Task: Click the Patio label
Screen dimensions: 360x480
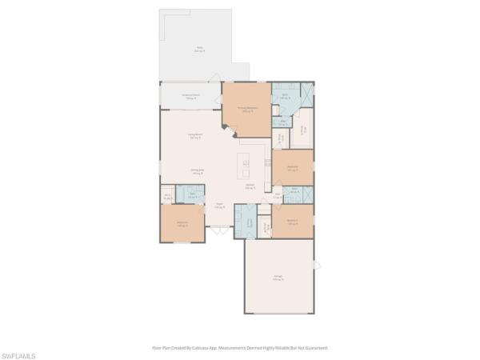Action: [198, 49]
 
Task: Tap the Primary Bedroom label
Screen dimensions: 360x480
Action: [246, 109]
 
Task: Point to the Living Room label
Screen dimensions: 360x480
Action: [194, 136]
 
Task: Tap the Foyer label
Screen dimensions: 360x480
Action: [218, 205]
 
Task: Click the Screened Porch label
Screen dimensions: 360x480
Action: [190, 97]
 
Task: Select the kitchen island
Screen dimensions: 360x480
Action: [246, 163]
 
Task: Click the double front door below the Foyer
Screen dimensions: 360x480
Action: [214, 231]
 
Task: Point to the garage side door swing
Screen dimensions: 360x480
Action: [317, 265]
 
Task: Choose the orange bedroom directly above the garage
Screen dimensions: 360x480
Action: [292, 222]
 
